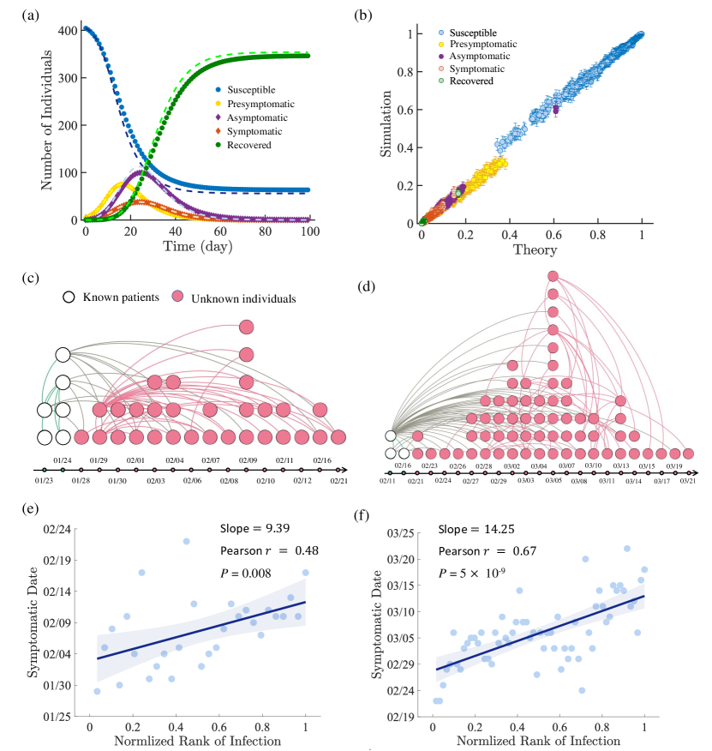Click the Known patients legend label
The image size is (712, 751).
tap(117, 298)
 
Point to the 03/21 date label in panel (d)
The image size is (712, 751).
tap(688, 482)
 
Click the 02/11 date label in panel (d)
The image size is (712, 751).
tap(389, 482)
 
